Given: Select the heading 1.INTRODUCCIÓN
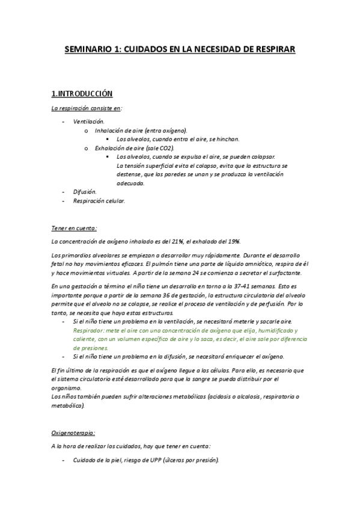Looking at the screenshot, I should click(82, 94).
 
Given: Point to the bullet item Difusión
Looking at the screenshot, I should click(85, 192).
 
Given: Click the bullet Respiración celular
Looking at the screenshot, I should click(99, 201).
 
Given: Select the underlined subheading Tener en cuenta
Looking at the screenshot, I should click(73, 228).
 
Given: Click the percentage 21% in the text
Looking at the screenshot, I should click(174, 241).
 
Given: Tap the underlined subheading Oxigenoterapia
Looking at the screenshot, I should click(73, 432).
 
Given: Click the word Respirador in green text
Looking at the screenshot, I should click(87, 330).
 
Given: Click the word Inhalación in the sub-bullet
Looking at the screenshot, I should click(109, 130).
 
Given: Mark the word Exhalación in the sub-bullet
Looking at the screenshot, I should click(109, 148).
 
